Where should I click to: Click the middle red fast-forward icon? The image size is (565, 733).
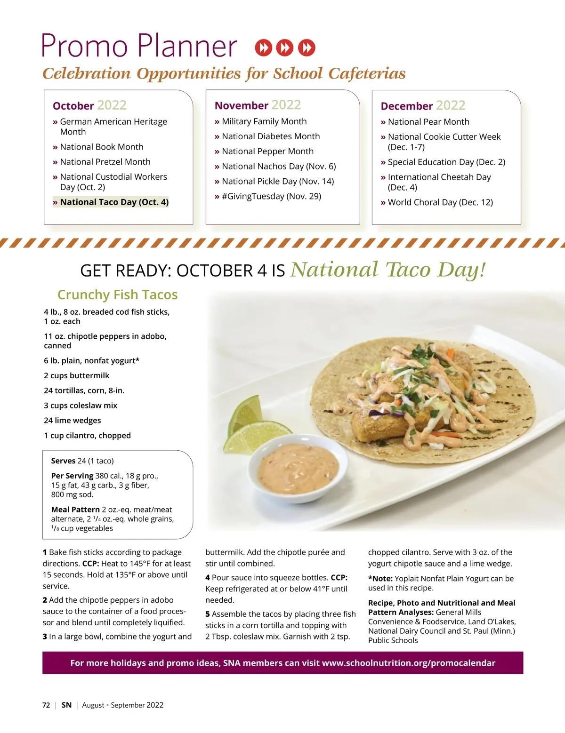285,48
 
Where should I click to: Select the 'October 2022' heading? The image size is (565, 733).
89,105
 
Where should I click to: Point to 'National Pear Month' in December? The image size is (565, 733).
428,122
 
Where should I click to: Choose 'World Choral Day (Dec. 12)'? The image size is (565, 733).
440,202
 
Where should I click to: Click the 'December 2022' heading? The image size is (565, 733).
423,106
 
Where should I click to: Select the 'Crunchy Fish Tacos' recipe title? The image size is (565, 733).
117,295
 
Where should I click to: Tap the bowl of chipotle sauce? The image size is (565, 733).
298,468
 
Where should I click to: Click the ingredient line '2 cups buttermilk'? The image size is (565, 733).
76,375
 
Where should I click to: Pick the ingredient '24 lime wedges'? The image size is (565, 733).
72,421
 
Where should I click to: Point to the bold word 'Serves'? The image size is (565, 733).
63,461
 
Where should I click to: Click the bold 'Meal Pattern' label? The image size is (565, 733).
75,510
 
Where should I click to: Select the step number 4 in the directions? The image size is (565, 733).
208,578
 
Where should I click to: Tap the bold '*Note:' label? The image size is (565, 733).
380,579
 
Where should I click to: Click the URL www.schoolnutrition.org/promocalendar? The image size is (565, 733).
408,663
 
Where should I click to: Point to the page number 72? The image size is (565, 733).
46,705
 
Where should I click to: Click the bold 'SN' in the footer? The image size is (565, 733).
67,705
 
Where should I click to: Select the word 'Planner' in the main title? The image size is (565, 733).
187,46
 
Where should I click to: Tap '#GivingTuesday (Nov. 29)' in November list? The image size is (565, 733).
271,196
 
